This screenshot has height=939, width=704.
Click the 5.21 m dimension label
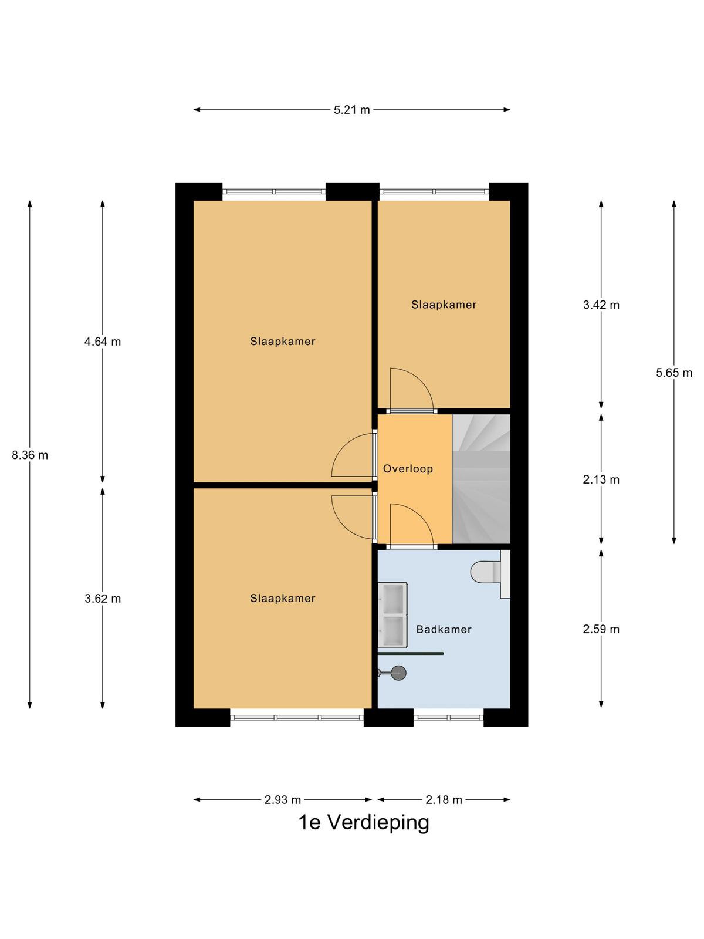(351, 110)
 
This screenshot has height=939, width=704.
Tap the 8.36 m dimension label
(30, 455)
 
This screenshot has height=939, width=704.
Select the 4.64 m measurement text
(103, 342)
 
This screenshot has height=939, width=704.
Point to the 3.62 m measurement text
(103, 599)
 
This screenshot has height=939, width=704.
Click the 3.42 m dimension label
(601, 305)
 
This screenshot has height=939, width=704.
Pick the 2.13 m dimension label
(601, 479)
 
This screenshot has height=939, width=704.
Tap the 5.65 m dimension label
(674, 373)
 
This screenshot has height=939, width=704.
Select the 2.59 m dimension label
(601, 629)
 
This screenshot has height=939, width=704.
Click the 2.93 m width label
(283, 800)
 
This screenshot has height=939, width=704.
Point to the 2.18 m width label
(444, 800)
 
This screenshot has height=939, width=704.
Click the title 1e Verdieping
(364, 823)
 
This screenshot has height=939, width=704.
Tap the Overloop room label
(408, 469)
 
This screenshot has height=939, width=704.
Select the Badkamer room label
(444, 630)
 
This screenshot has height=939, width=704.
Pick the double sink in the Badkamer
(392, 615)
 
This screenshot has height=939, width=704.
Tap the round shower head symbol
(399, 673)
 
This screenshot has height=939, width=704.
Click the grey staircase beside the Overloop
(481, 479)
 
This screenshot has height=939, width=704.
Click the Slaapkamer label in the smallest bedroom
(444, 305)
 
